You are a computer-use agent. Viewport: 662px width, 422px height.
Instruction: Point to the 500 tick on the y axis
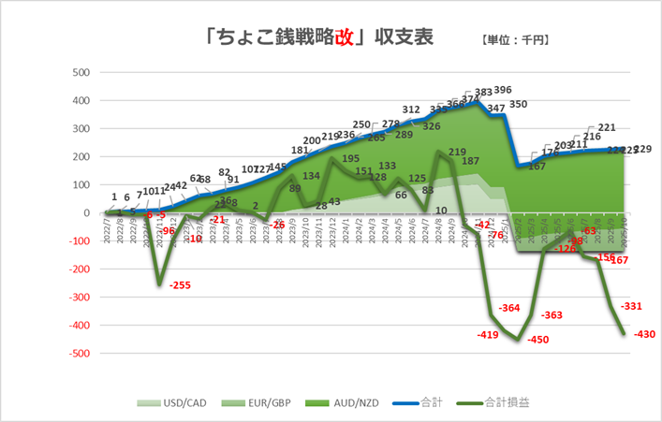pyautogui.click(x=81, y=72)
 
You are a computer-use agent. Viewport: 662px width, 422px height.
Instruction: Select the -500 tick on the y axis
pyautogui.click(x=79, y=354)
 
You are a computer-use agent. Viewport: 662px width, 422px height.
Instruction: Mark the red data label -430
pyautogui.click(x=645, y=334)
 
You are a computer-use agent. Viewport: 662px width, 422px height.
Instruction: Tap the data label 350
pyautogui.click(x=519, y=105)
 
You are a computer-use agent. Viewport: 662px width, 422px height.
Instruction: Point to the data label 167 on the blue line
pyautogui.click(x=537, y=167)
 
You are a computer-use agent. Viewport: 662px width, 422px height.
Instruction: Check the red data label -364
pyautogui.click(x=511, y=308)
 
